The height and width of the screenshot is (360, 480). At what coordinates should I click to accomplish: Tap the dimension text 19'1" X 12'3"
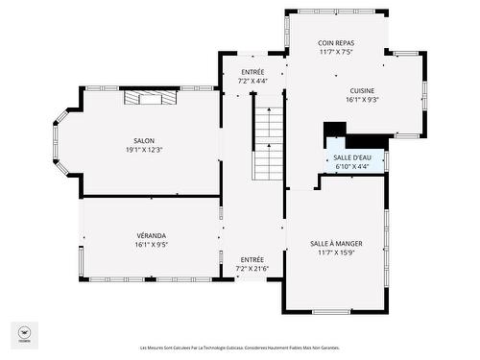click(144, 150)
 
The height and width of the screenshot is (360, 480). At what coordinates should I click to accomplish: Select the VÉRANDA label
click(151, 235)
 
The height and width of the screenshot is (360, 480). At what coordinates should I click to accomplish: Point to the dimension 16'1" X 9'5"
click(151, 245)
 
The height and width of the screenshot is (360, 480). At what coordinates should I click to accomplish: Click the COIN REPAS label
click(336, 43)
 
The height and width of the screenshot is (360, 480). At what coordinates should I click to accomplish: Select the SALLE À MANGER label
click(336, 244)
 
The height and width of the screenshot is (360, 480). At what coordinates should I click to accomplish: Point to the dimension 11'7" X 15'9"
click(336, 253)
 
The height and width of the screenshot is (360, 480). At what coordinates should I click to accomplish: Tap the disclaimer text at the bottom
click(240, 348)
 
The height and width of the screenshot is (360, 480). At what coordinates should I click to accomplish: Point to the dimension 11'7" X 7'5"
click(336, 53)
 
